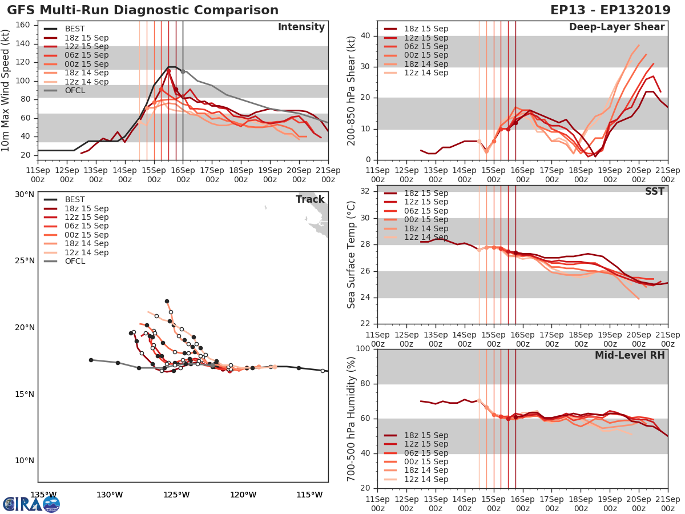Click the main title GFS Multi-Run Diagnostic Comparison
pyautogui.click(x=143, y=10)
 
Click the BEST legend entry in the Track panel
pyautogui.click(x=75, y=199)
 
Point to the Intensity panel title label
pyautogui.click(x=301, y=27)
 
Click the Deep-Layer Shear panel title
pyautogui.click(x=616, y=27)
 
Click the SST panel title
pyautogui.click(x=654, y=191)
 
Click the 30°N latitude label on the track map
pyautogui.click(x=24, y=194)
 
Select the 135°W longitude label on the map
pyautogui.click(x=43, y=495)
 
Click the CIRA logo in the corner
pyautogui.click(x=31, y=504)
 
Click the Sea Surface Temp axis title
pyautogui.click(x=352, y=254)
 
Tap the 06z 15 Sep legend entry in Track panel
pyautogui.click(x=85, y=226)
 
